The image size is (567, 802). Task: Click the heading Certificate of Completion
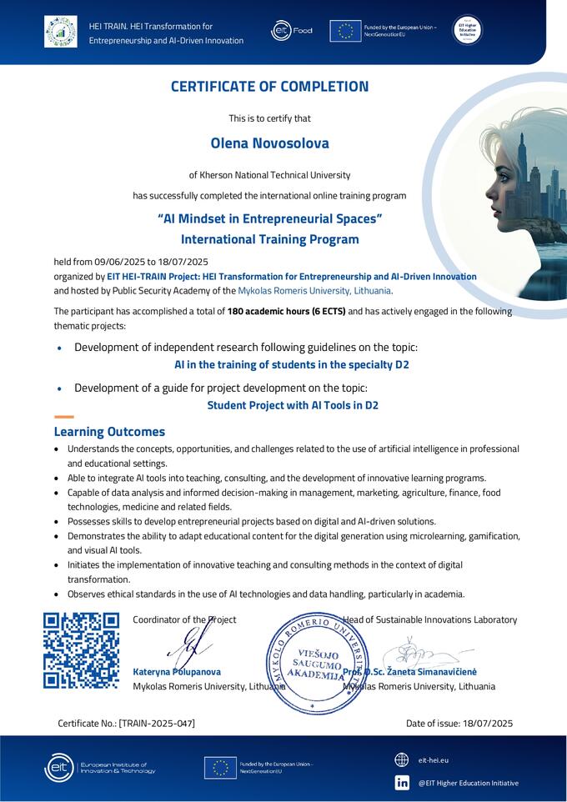269,87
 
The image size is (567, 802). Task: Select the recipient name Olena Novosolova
269,143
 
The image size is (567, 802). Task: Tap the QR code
81,650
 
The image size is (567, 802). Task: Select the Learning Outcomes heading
109,432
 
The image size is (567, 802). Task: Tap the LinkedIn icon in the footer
402,782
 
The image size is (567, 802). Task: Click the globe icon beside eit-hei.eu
402,759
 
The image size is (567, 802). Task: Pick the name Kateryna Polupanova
177,672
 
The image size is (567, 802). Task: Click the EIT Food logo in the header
291,31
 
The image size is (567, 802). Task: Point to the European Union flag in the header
345,31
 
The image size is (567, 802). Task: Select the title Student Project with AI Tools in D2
292,406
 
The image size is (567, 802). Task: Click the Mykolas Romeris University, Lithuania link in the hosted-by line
314,291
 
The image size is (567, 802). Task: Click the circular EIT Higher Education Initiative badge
467,31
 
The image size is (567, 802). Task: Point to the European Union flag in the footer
220,767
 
